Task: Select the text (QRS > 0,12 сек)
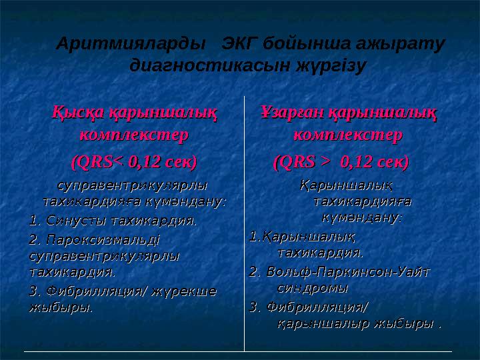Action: [341, 161]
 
